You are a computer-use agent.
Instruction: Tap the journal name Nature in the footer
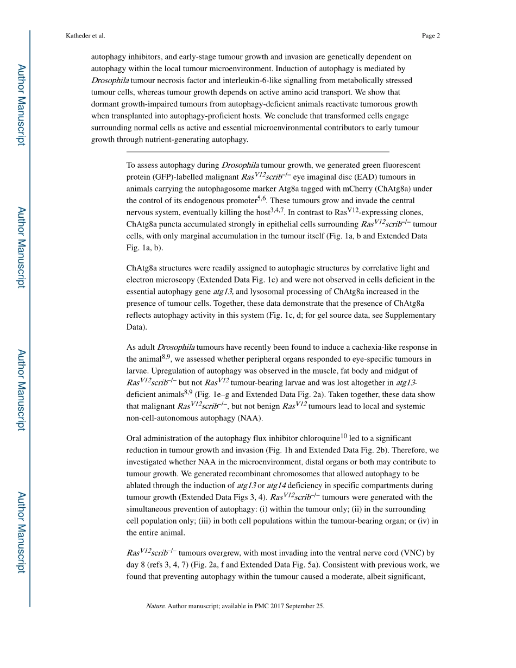pyautogui.click(x=155, y=606)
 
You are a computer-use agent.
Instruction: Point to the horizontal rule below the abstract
pyautogui.click(x=257, y=152)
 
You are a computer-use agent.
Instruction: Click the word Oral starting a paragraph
pyautogui.click(x=135, y=438)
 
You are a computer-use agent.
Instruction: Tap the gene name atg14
pyautogui.click(x=276, y=486)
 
